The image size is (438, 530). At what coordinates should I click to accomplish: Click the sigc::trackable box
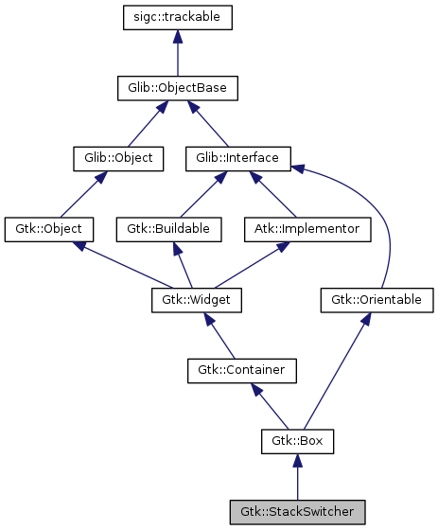point(178,17)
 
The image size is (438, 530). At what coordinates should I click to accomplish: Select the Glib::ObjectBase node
point(178,88)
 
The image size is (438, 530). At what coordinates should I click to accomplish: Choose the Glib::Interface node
point(237,158)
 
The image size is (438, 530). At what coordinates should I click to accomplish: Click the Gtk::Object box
point(49,229)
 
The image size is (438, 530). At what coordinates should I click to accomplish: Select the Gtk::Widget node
point(197,300)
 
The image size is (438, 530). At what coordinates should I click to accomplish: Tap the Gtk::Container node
point(241,370)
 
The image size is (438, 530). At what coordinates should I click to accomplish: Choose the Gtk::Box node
point(297,441)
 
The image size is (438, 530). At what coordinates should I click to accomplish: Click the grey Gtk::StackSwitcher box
point(297,512)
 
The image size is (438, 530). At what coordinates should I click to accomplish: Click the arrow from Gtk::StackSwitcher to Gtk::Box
point(297,478)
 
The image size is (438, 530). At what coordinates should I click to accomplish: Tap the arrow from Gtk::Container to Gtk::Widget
point(220,337)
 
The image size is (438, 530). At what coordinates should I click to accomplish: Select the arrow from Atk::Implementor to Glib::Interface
point(264,193)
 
